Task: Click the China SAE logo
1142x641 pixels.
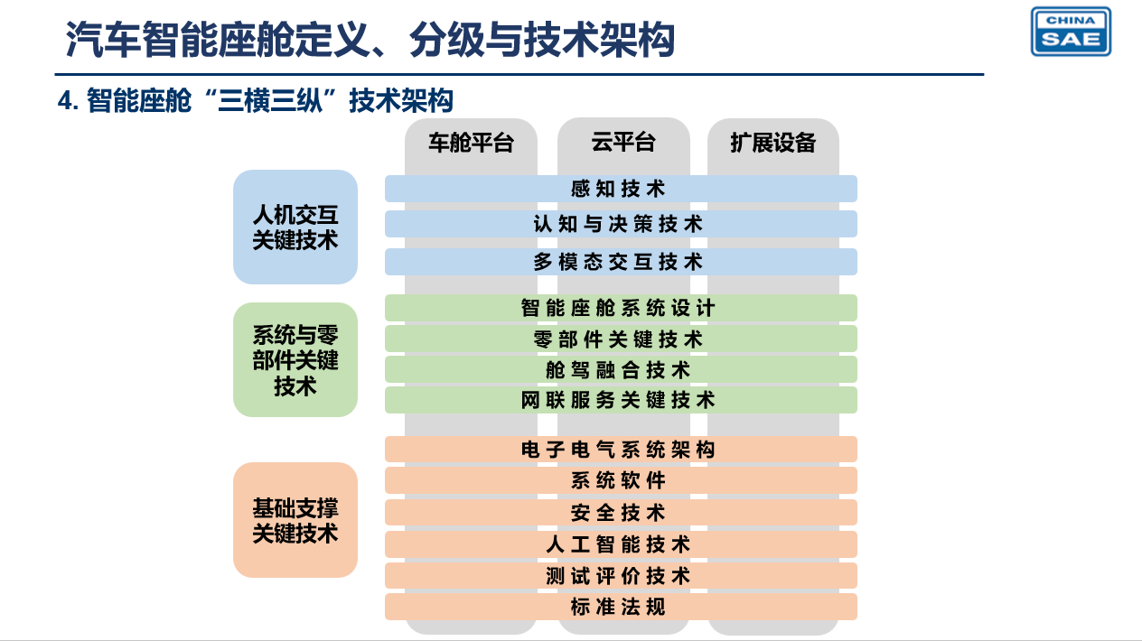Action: (1071, 31)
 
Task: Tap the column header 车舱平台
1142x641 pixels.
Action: (471, 142)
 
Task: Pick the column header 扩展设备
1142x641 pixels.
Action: (772, 142)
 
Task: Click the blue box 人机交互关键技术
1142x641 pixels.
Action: (295, 227)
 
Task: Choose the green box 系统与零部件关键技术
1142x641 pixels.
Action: (295, 359)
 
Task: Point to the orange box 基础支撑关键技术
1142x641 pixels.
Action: (295, 520)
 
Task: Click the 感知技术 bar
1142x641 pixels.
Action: (621, 189)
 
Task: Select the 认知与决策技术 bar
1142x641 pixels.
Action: (621, 224)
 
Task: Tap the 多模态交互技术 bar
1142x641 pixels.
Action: (621, 262)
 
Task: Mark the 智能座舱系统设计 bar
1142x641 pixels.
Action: (621, 308)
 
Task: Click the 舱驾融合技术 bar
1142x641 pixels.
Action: (621, 369)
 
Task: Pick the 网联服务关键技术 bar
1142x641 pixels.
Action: (621, 400)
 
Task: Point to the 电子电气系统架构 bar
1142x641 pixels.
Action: (621, 450)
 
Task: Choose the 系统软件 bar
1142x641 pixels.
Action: (621, 480)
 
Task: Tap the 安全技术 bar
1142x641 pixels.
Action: (621, 512)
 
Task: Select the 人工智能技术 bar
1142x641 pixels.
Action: (621, 544)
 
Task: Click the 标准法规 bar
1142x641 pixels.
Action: (621, 607)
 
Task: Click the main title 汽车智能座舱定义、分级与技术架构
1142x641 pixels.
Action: (370, 39)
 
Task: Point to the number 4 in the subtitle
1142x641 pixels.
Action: (64, 100)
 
